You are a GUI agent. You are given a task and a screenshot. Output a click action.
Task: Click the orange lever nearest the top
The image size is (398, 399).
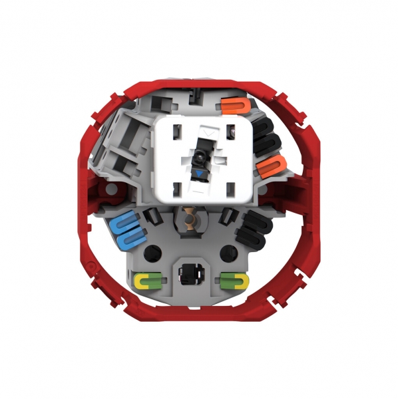tap(234, 106)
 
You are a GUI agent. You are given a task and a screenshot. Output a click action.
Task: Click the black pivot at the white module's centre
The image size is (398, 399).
tap(198, 158)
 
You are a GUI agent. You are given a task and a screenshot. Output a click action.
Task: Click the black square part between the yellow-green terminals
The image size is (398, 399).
tap(191, 273)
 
